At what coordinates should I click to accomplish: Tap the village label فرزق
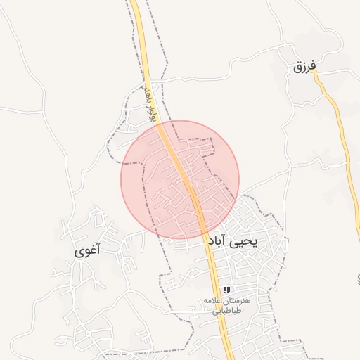305,67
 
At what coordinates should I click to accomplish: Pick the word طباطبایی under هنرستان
226,309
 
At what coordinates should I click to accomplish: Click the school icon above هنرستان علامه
226,290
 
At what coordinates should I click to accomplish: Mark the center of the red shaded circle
181,179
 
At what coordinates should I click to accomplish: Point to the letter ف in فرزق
314,66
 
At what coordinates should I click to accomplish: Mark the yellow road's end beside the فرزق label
316,75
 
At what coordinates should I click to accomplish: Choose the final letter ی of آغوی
78,251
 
